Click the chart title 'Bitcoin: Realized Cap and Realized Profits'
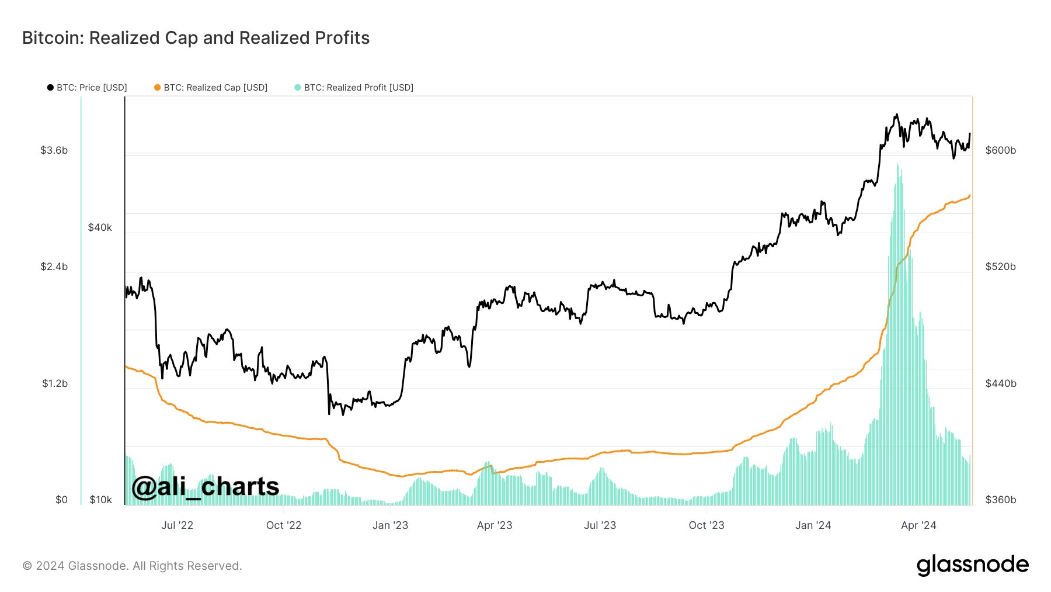coord(196,38)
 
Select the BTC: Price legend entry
coord(87,88)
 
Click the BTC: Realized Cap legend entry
coord(211,88)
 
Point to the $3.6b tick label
coord(54,150)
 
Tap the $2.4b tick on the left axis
coord(54,266)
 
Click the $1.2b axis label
coord(54,383)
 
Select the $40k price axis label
coord(100,227)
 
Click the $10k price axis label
coord(100,500)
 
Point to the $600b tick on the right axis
coord(1001,150)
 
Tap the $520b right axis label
coord(1001,266)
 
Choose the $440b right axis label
coord(1001,383)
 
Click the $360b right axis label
coord(1001,500)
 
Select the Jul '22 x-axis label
coord(177,525)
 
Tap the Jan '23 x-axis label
coord(390,525)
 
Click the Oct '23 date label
coord(707,525)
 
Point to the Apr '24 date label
coord(918,525)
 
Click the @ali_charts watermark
coord(205,486)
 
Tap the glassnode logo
coord(972,565)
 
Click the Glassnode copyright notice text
coord(132,566)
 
